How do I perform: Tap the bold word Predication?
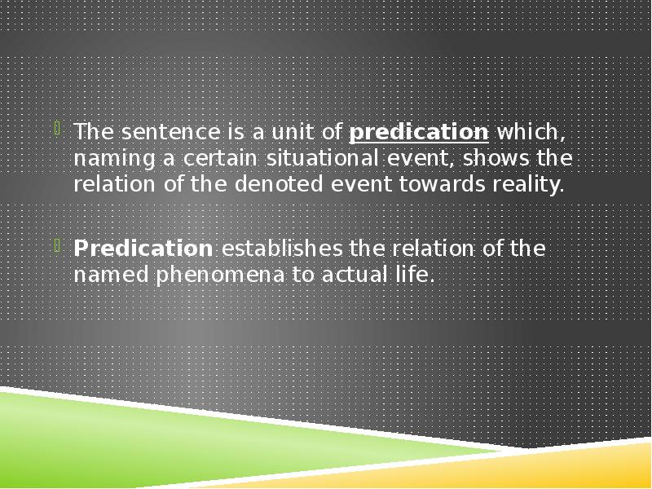(x=143, y=249)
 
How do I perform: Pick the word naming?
(x=104, y=159)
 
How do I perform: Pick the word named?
(x=104, y=275)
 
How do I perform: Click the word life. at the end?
(x=413, y=275)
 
